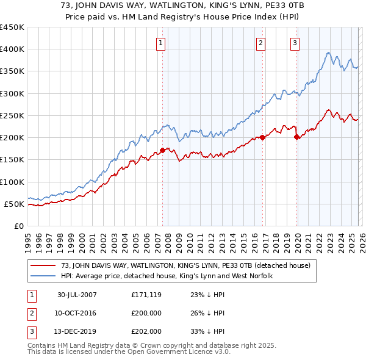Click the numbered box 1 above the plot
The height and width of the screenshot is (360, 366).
(160, 43)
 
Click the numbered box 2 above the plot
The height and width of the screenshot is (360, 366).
(260, 43)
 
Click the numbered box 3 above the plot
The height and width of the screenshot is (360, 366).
(295, 43)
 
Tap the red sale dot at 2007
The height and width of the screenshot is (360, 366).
(163, 149)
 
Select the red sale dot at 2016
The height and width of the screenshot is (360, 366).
(262, 137)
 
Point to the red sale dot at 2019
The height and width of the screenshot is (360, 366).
(297, 137)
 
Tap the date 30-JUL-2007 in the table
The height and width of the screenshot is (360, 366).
(77, 295)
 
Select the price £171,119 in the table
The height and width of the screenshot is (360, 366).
(146, 295)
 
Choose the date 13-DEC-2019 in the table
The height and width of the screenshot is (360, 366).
(77, 331)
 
